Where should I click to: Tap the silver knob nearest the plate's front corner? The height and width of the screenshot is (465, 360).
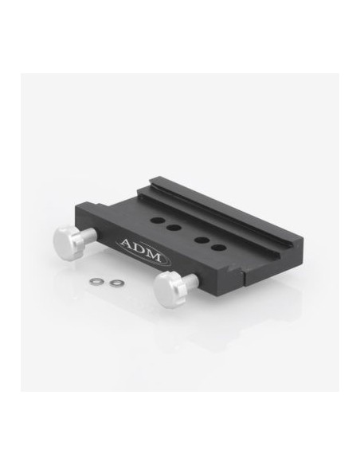click(x=175, y=285)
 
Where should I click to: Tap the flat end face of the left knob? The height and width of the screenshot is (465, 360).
click(x=61, y=242)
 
